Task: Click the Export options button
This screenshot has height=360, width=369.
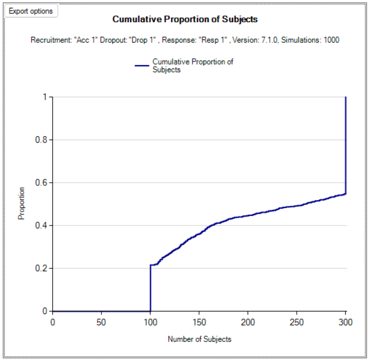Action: tap(31, 11)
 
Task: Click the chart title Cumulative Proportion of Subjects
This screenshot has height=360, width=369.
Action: tap(185, 20)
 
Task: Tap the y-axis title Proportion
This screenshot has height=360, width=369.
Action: tap(21, 203)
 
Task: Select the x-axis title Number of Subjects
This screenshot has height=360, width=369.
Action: tap(199, 339)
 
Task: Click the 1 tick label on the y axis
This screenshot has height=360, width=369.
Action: tap(45, 97)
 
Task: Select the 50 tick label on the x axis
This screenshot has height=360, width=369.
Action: tap(101, 322)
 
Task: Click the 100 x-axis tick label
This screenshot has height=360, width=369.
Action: tap(150, 322)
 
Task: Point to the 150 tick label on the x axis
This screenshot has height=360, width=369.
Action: tap(199, 322)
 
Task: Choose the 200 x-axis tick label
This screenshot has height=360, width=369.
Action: tap(248, 322)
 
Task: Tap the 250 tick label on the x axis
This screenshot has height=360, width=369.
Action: tap(297, 322)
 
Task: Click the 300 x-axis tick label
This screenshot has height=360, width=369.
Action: tap(346, 322)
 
